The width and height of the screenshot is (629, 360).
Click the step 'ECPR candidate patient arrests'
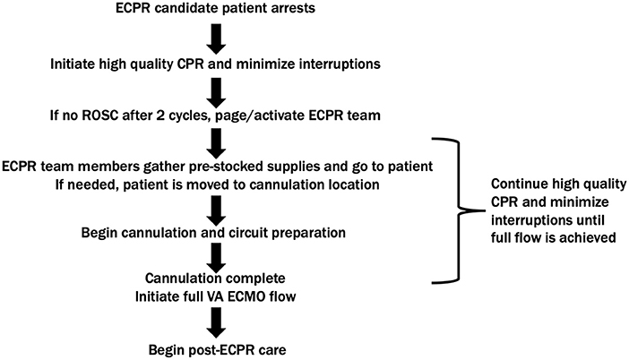215,11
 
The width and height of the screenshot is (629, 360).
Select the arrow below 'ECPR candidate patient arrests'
216,39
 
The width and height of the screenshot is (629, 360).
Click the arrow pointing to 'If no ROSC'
216,90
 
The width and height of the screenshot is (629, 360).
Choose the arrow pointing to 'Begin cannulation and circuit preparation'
216,209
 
